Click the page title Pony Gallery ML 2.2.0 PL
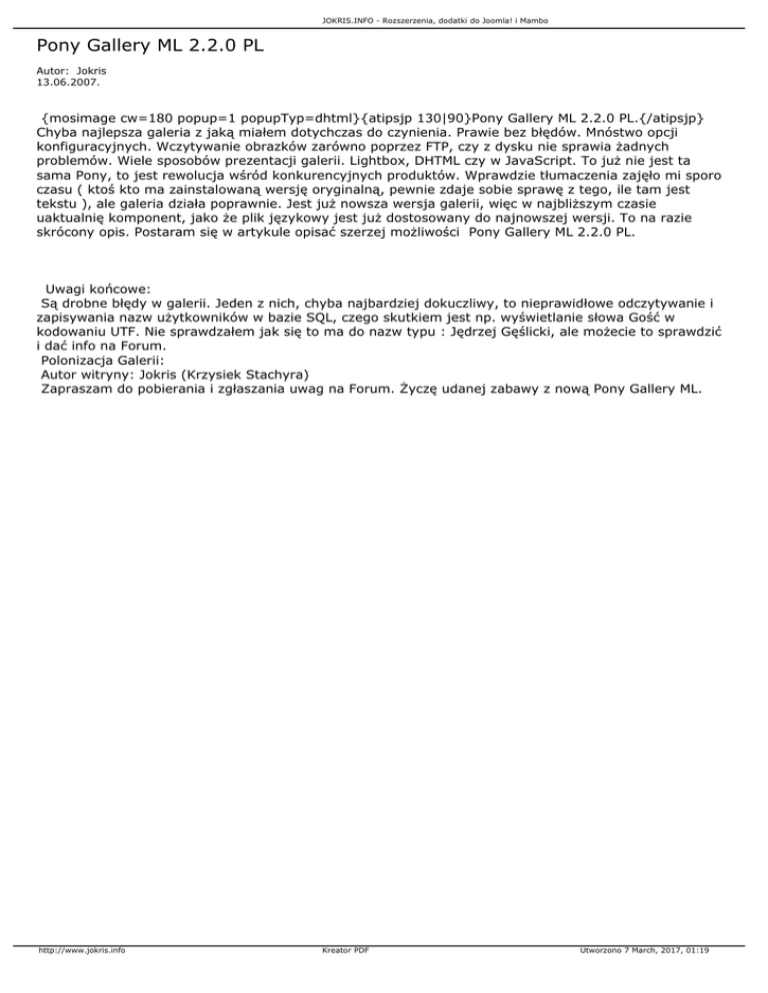click(x=150, y=46)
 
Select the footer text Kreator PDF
click(x=340, y=979)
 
